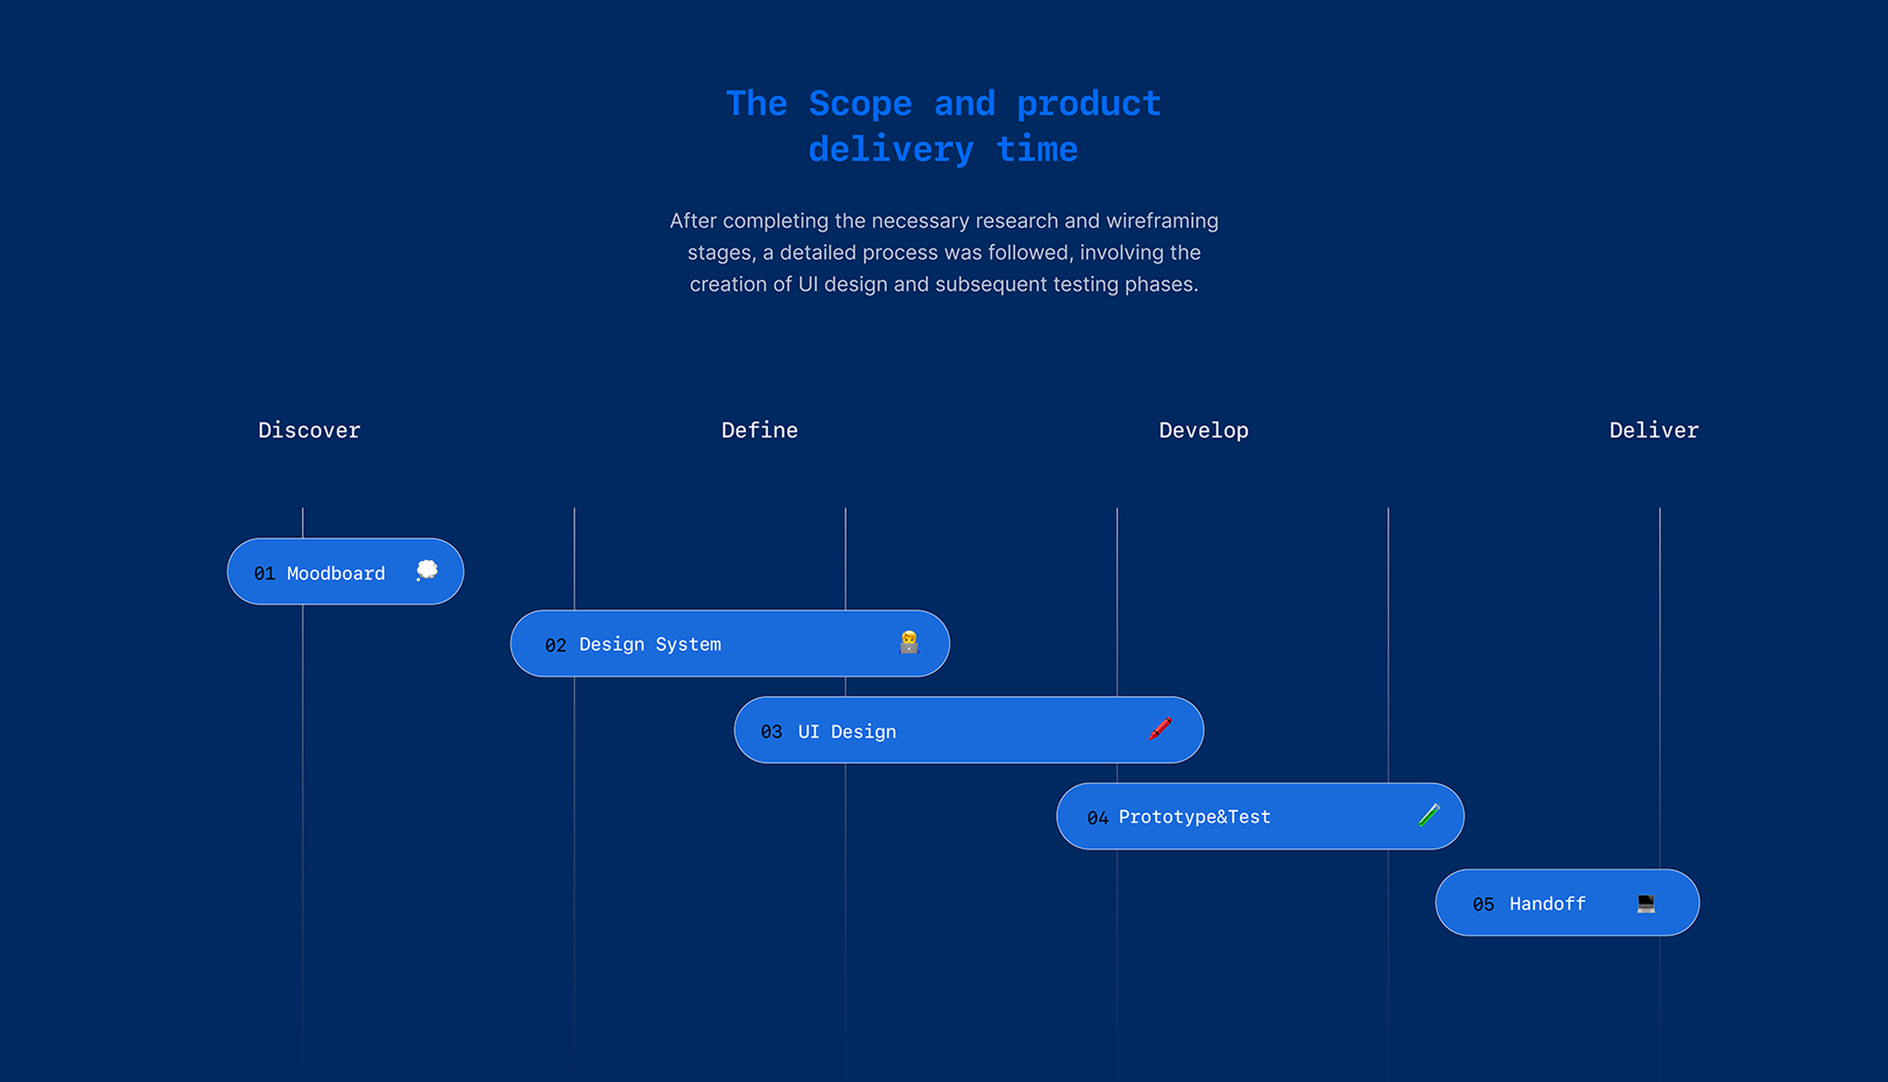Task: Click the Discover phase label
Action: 309,430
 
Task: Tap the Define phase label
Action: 759,430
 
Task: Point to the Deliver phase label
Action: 1653,430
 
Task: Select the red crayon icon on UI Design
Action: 1160,728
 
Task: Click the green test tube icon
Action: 1429,815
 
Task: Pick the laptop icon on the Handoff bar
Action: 1646,904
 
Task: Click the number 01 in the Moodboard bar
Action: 265,574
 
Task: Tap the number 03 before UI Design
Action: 771,732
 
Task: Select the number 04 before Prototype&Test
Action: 1098,818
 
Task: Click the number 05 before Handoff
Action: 1483,904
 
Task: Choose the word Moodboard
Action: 336,573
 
